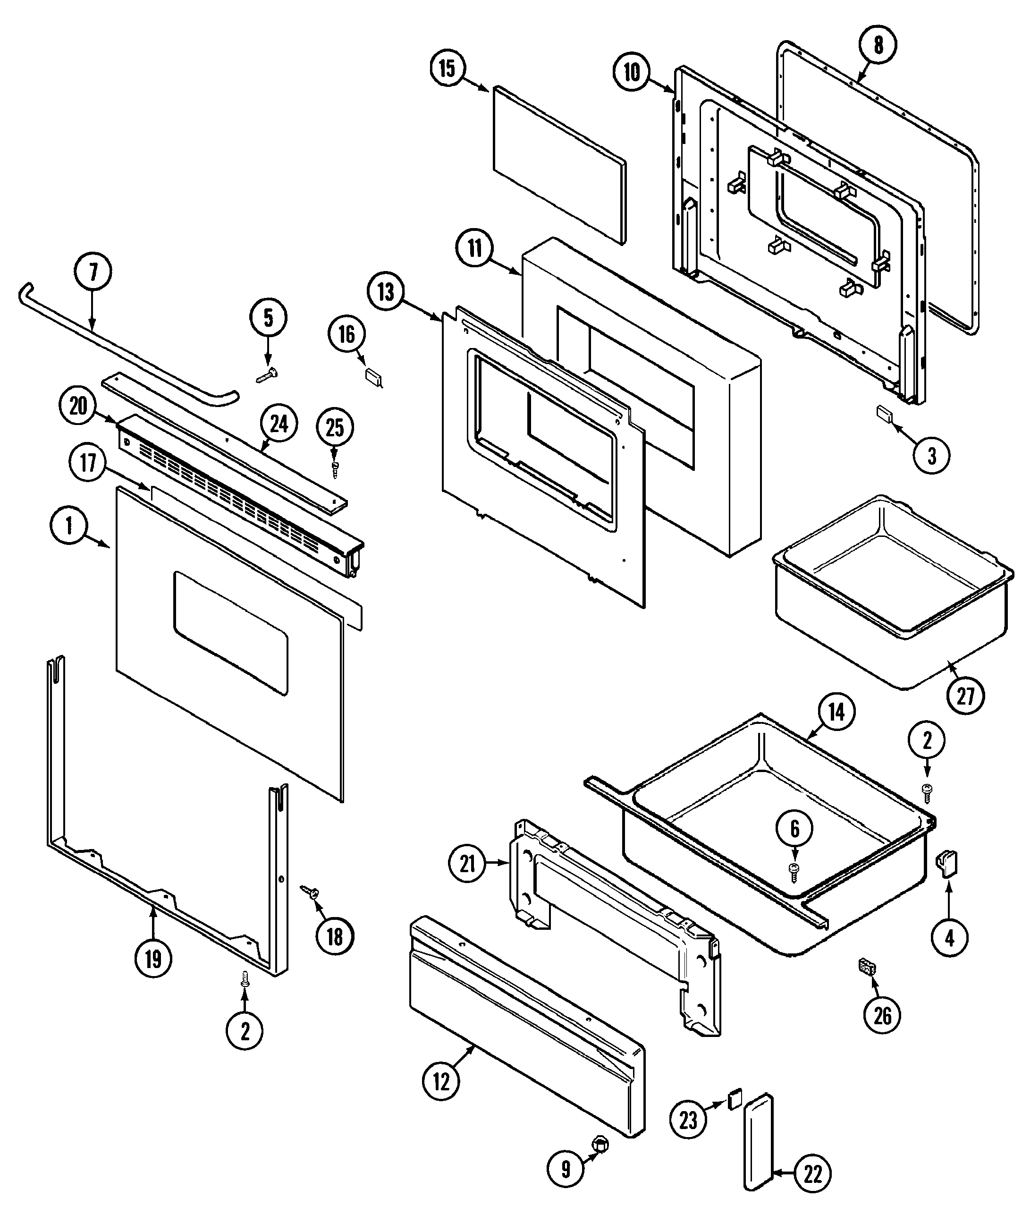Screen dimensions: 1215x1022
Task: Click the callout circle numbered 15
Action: [447, 68]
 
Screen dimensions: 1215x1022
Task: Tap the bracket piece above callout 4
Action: [948, 864]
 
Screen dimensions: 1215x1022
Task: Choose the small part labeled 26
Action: [867, 967]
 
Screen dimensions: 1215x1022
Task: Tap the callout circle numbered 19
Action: [153, 959]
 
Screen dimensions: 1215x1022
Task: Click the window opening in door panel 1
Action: [230, 633]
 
